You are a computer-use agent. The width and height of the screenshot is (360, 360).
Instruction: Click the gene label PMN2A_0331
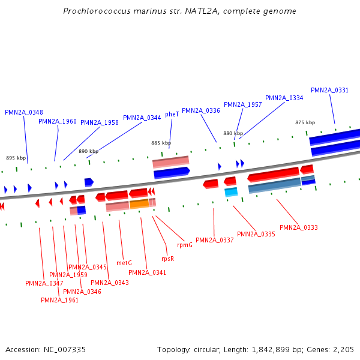pyautogui.click(x=329, y=90)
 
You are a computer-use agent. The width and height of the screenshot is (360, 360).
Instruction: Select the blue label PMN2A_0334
pyautogui.click(x=284, y=98)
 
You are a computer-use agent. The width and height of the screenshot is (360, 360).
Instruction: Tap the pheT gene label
pyautogui.click(x=172, y=114)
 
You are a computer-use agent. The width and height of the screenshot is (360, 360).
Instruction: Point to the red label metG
pyautogui.click(x=124, y=263)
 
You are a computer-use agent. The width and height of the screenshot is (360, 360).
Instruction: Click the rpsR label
pyautogui.click(x=167, y=259)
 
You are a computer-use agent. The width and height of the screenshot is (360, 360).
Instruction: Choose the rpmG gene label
pyautogui.click(x=185, y=245)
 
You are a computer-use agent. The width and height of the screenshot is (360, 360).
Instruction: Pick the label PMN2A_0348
pyautogui.click(x=24, y=112)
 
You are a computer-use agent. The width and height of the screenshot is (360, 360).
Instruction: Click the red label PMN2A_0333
pyautogui.click(x=299, y=227)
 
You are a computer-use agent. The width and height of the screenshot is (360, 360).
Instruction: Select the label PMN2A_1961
pyautogui.click(x=59, y=300)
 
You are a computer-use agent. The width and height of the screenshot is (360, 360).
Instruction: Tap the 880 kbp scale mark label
pyautogui.click(x=233, y=133)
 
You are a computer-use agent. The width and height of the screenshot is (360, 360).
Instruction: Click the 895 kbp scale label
pyautogui.click(x=16, y=158)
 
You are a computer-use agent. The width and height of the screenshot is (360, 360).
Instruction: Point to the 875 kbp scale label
pyautogui.click(x=305, y=122)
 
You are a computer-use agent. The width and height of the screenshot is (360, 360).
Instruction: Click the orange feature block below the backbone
pyautogui.click(x=139, y=204)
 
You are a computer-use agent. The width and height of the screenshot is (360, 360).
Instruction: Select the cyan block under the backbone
pyautogui.click(x=231, y=192)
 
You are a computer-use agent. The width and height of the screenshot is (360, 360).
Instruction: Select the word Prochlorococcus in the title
pyautogui.click(x=96, y=11)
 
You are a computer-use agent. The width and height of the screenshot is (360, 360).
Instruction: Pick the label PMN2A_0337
pyautogui.click(x=214, y=240)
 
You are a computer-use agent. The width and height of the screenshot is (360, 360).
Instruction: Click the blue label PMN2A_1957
pyautogui.click(x=243, y=104)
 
